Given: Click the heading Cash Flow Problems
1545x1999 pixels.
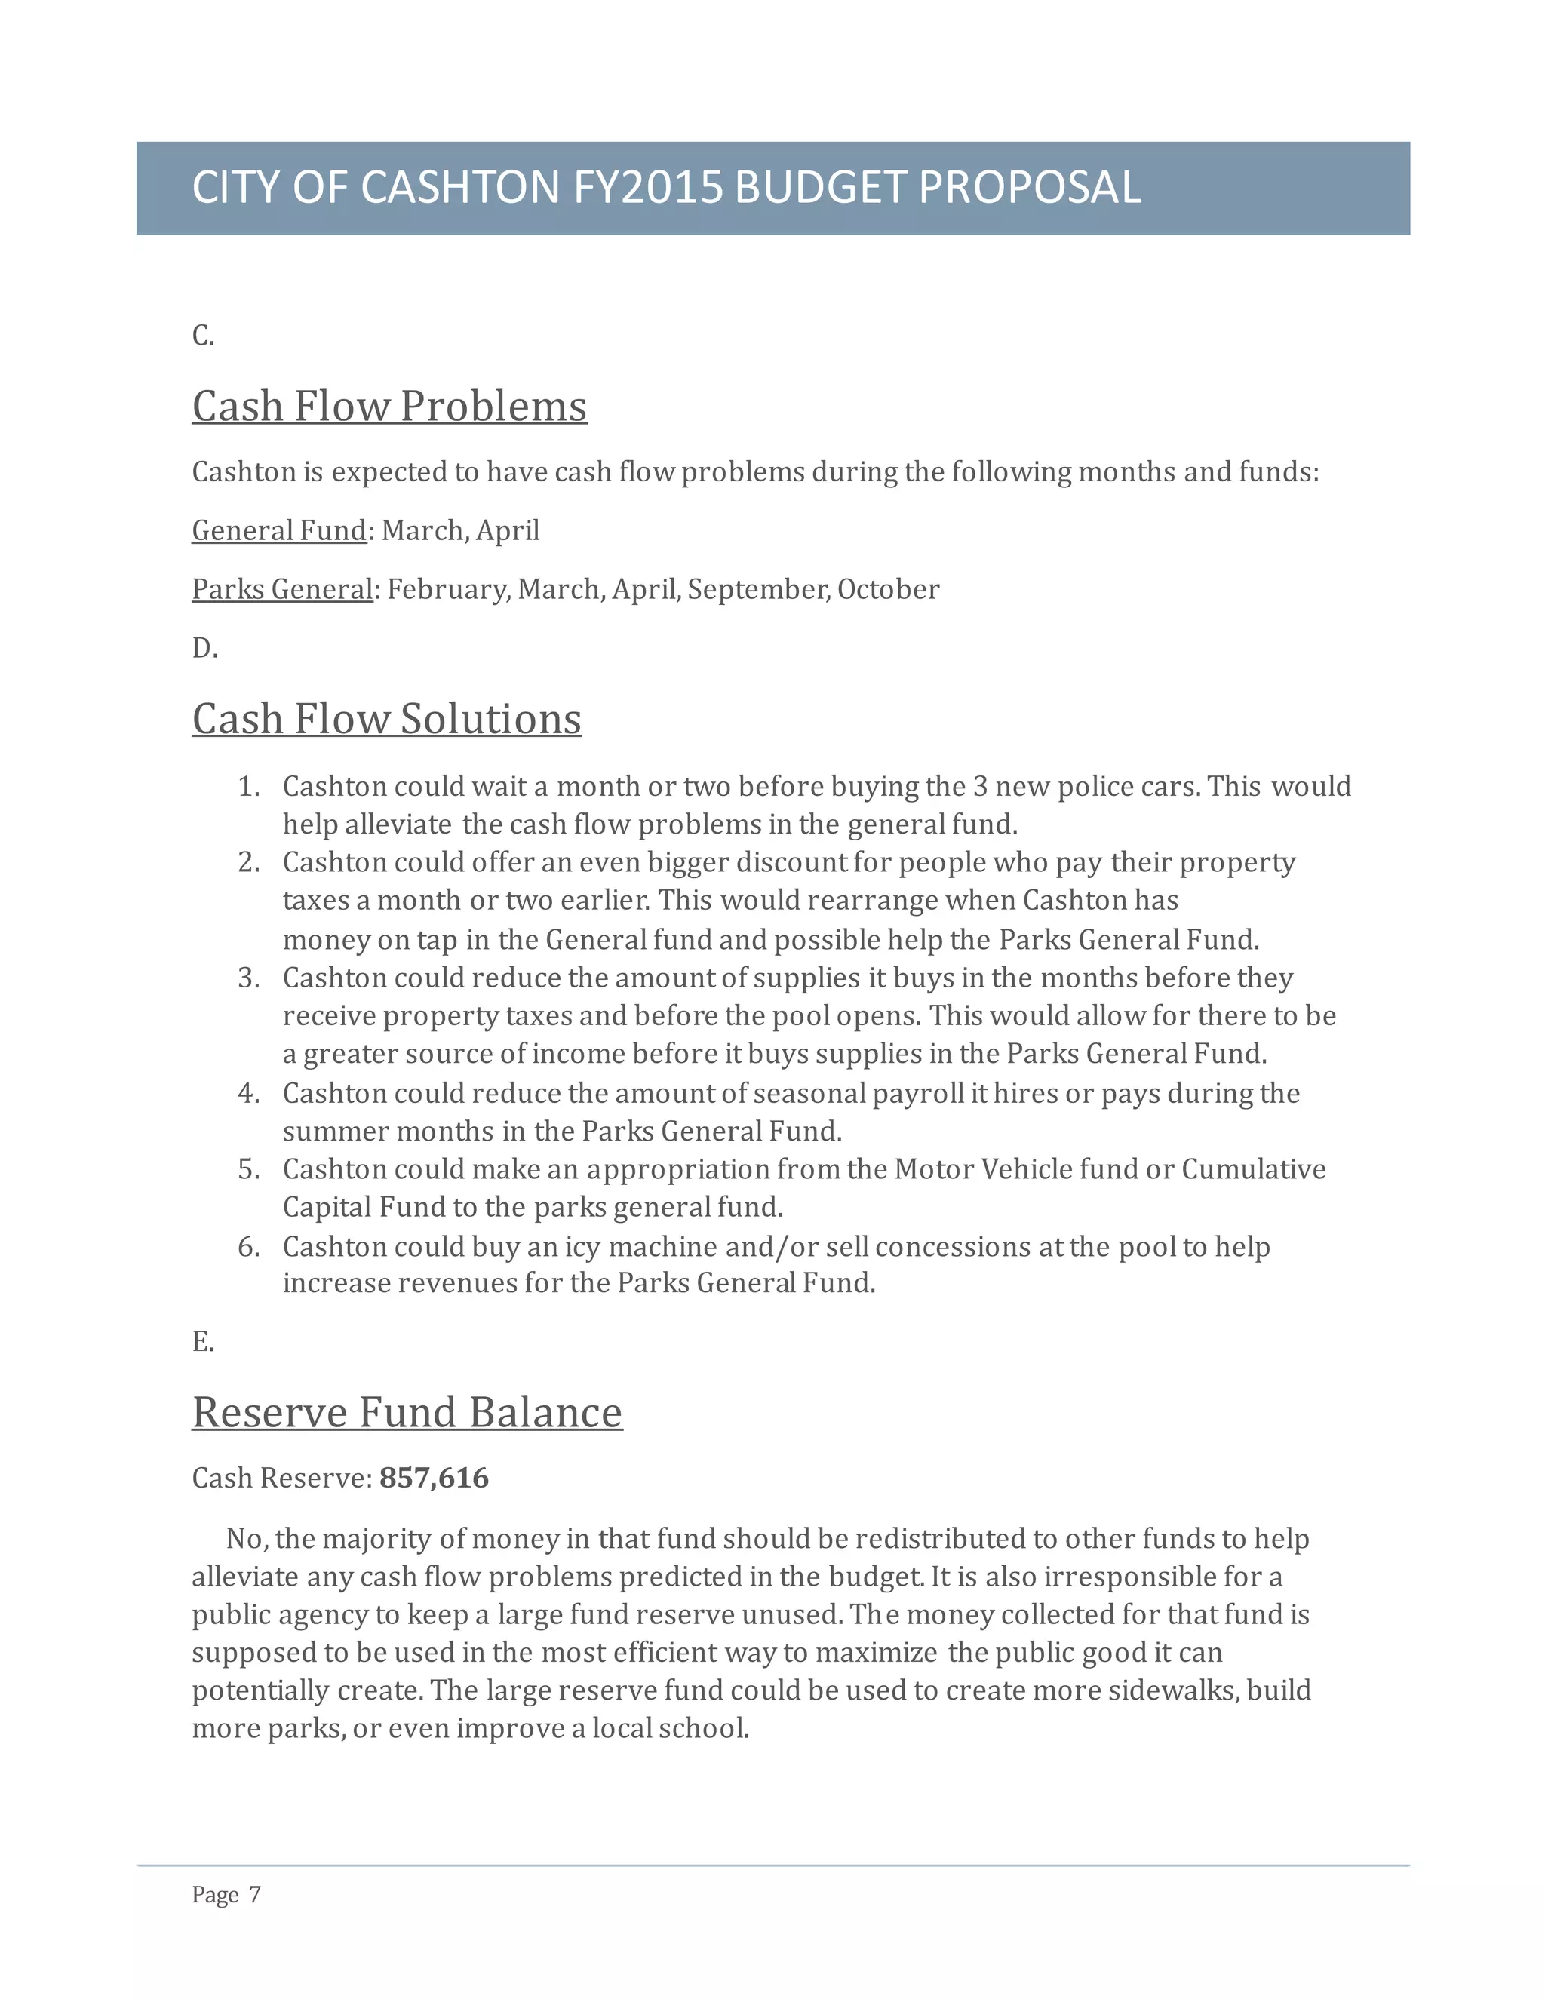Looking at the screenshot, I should click(x=389, y=407).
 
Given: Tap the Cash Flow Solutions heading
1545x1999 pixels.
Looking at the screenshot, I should click(x=386, y=718).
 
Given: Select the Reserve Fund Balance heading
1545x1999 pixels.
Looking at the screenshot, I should click(x=407, y=1412).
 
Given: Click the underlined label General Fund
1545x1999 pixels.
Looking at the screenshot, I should click(x=279, y=531).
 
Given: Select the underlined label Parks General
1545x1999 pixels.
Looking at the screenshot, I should click(x=282, y=589).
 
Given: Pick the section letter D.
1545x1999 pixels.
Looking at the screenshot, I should click(x=204, y=649).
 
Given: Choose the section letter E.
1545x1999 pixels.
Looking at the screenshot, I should click(x=202, y=1342).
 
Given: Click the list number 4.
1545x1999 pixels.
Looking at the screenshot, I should click(x=248, y=1094).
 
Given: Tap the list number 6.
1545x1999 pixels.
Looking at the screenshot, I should click(x=248, y=1247).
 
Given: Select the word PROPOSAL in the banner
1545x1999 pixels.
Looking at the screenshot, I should click(x=1030, y=188).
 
